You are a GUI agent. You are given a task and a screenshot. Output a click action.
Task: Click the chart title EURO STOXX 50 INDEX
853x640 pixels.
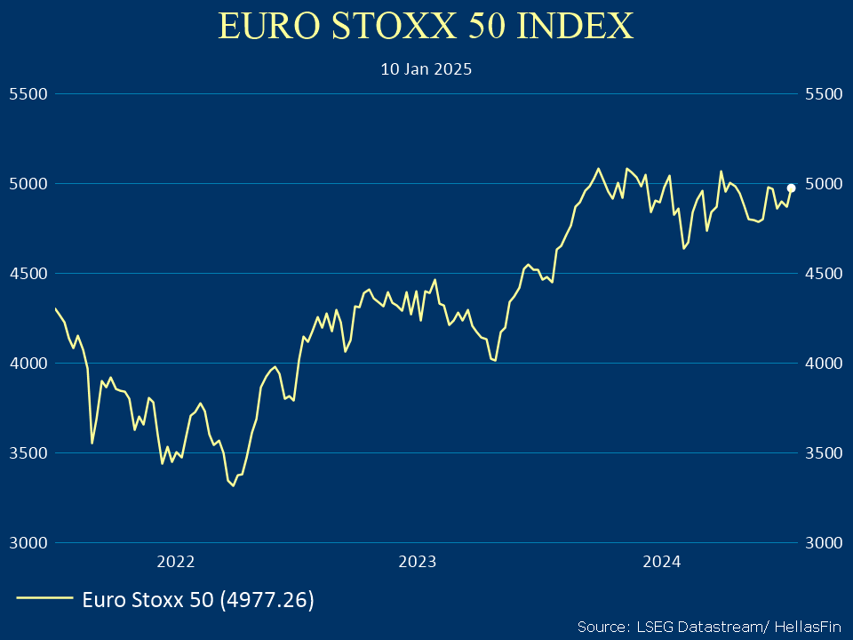point(426,27)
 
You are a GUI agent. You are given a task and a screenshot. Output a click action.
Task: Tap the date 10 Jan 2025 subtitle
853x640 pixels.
point(426,68)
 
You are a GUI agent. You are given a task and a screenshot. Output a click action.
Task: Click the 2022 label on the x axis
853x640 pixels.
point(175,561)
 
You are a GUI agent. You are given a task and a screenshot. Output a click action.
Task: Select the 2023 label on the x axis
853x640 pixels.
point(417,561)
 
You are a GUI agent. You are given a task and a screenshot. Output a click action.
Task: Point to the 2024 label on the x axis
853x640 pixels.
point(661,561)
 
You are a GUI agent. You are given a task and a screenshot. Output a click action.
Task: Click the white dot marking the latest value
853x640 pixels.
point(791,188)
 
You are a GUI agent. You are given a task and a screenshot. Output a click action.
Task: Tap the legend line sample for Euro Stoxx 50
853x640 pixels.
point(44,600)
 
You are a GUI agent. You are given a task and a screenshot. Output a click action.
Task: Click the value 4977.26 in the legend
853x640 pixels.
point(267,600)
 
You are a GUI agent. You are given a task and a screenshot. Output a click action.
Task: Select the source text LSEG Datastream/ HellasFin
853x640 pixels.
point(707,625)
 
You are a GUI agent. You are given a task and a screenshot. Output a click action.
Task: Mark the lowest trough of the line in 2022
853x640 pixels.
point(233,485)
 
